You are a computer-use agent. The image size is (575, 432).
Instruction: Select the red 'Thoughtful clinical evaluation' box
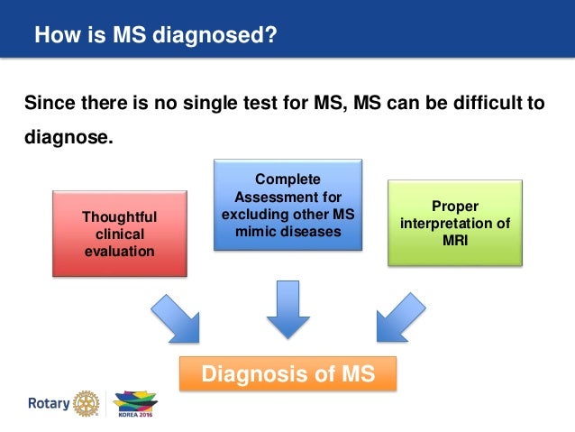[x=120, y=232]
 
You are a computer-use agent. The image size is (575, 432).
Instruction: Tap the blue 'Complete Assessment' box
[x=287, y=204]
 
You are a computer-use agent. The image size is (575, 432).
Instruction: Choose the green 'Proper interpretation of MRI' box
[x=455, y=222]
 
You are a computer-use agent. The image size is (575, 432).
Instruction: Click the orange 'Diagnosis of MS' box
[x=287, y=372]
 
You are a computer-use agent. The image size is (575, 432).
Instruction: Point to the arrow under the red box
[x=175, y=317]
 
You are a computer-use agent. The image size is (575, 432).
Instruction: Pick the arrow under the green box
[x=400, y=317]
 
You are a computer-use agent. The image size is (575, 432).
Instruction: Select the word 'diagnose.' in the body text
[x=70, y=139]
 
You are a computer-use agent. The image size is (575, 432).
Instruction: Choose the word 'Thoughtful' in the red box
[x=120, y=216]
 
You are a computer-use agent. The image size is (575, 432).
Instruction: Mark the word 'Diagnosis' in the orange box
[x=249, y=372]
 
